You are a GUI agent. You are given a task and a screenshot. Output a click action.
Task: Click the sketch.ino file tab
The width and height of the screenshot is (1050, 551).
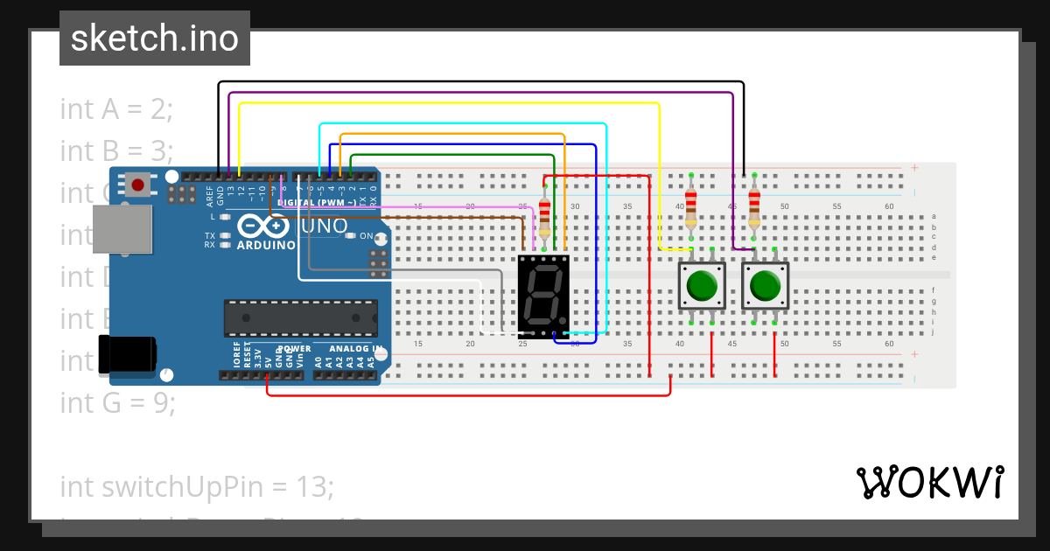[155, 38]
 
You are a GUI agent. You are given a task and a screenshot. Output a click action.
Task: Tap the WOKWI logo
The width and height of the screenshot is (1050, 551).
[929, 482]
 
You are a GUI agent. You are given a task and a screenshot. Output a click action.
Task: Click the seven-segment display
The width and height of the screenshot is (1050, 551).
[543, 293]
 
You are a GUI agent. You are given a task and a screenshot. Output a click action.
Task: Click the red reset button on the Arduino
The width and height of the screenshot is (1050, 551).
[138, 185]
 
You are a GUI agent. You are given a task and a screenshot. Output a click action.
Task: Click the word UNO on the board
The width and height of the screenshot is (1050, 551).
[324, 227]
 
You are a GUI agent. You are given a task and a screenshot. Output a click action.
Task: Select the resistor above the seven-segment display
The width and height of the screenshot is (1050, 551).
[546, 213]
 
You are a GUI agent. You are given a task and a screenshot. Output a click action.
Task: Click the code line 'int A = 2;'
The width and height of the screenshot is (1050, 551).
[116, 109]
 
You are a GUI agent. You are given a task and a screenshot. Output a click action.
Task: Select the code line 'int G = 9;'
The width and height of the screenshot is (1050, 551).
[118, 402]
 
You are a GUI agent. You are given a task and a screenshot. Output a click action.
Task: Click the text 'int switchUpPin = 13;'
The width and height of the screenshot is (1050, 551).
[197, 486]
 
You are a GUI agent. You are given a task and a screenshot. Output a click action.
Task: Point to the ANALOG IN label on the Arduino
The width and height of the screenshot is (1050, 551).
[353, 349]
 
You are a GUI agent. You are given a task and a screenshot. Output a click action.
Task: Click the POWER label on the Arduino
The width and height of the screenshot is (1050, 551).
[294, 349]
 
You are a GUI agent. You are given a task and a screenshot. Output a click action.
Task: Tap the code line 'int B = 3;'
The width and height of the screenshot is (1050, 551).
[116, 151]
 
